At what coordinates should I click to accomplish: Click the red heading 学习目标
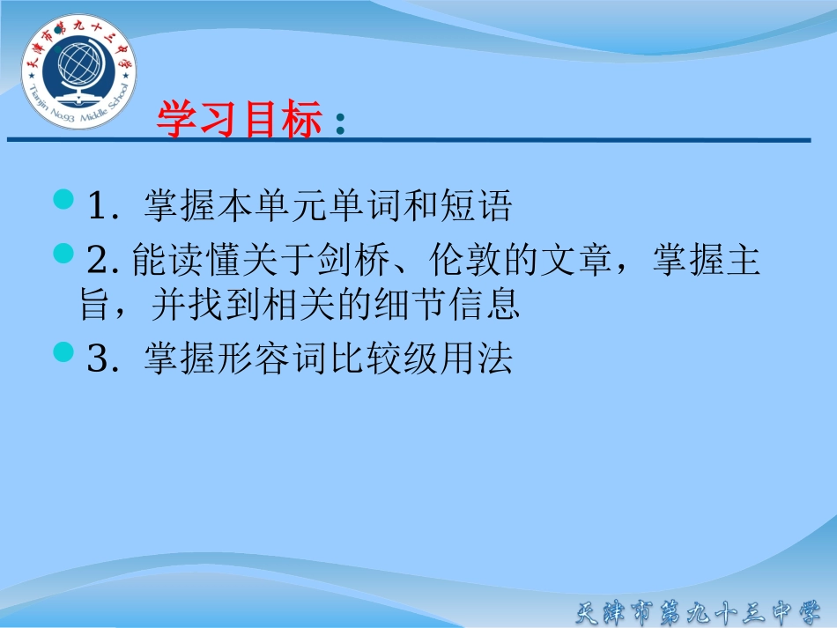(x=239, y=121)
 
